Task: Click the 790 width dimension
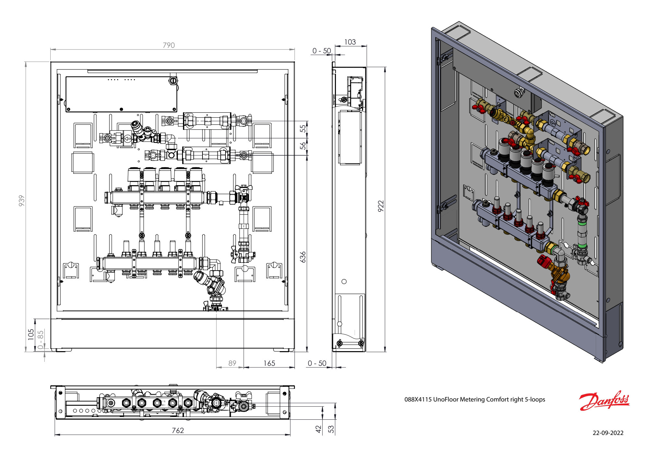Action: pos(169,45)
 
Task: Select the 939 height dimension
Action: pos(21,200)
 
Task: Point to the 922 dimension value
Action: pos(381,206)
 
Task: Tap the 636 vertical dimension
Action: pos(303,257)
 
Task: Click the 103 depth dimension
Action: pos(350,42)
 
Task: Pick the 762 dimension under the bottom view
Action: pos(178,430)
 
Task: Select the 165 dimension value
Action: pos(269,363)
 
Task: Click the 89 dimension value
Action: pos(232,363)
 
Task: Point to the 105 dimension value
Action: pos(31,334)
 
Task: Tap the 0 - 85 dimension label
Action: pos(40,339)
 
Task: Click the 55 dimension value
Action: pos(303,129)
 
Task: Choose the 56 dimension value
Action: pos(303,146)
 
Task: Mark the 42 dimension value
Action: pos(318,429)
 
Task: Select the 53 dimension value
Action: pos(331,429)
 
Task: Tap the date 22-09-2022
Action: pos(608,433)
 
